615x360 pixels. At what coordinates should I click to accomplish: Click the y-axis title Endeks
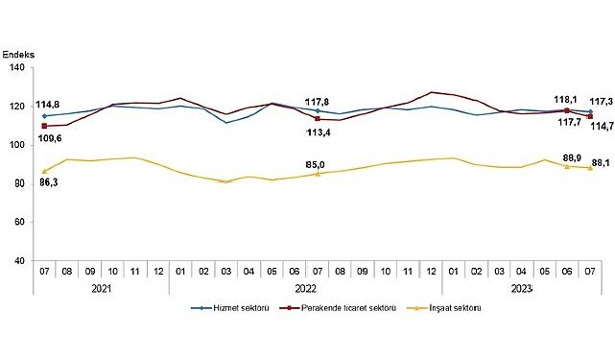pyautogui.click(x=18, y=55)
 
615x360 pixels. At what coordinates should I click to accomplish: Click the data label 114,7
pyautogui.click(x=601, y=126)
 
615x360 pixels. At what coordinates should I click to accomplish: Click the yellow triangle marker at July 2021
pyautogui.click(x=44, y=171)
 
